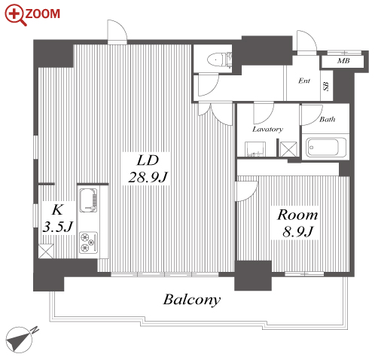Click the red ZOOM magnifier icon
(x=16, y=15)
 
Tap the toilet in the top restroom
(x=219, y=60)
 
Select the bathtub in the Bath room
(x=324, y=147)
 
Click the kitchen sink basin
(x=88, y=200)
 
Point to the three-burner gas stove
(x=88, y=243)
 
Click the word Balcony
(x=192, y=300)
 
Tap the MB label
(x=343, y=61)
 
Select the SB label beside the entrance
(x=326, y=86)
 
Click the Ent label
(x=304, y=81)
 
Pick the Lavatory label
(x=267, y=130)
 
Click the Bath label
(x=327, y=119)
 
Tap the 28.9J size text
(x=148, y=177)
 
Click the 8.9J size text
(x=298, y=231)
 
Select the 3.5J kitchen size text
(x=58, y=227)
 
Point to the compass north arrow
(x=20, y=339)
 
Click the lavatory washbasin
(x=255, y=149)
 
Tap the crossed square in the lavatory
(x=288, y=149)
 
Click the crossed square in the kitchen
(x=46, y=251)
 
